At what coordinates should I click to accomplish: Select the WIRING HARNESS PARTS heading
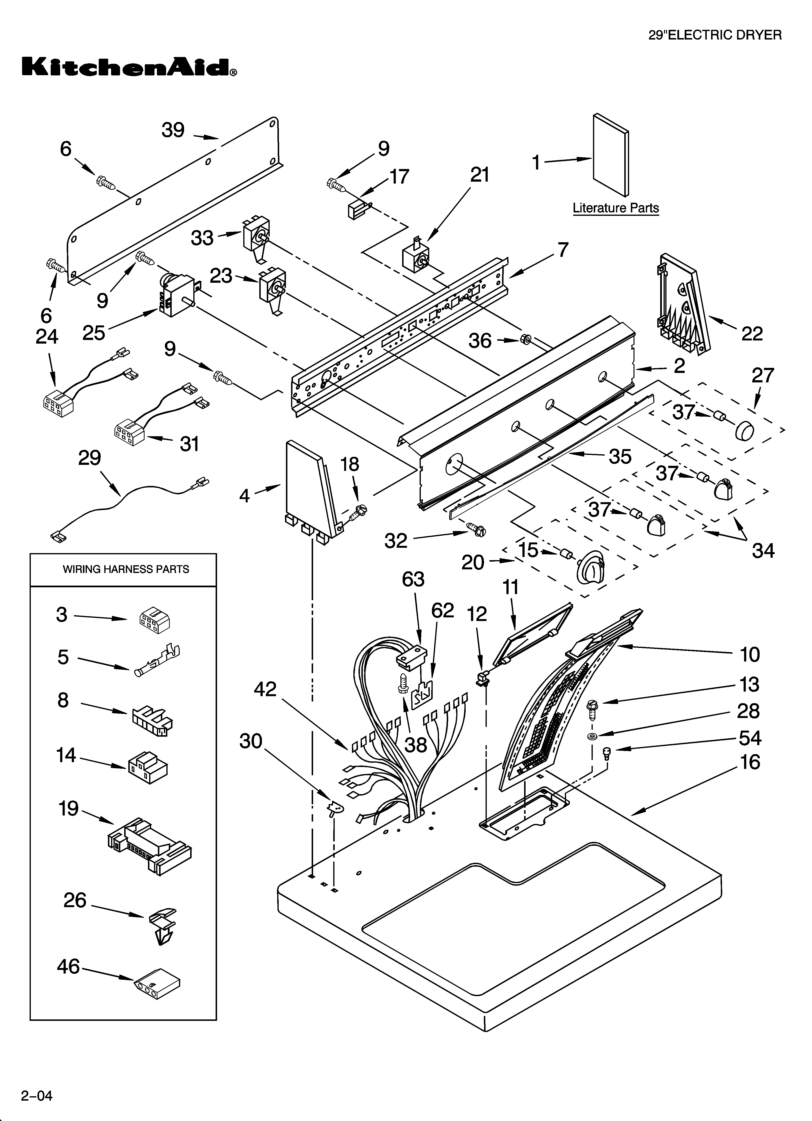pos(126,569)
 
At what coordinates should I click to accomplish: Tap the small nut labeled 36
pos(526,339)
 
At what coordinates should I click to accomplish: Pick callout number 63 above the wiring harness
pos(413,579)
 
